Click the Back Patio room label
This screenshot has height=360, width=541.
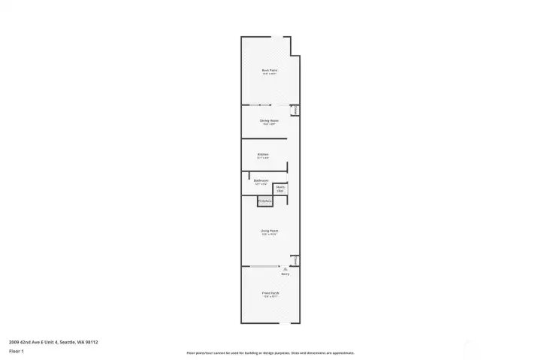[x=270, y=70]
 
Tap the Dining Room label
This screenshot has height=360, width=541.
[x=270, y=120]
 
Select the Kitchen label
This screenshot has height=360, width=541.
[x=263, y=155]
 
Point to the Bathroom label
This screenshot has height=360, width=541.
[x=261, y=180]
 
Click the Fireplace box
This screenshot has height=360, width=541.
[x=264, y=201]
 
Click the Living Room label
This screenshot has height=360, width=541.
[x=270, y=231]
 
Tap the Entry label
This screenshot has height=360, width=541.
[x=285, y=274]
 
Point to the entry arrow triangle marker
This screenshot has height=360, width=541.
[x=285, y=268]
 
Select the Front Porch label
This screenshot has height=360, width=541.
[x=270, y=292]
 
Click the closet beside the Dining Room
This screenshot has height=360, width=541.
[x=296, y=110]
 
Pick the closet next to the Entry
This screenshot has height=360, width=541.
[x=296, y=261]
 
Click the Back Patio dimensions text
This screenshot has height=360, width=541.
[x=270, y=74]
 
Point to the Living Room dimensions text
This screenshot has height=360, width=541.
[x=270, y=234]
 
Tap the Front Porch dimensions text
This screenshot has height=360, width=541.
[x=270, y=296]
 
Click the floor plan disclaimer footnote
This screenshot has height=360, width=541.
[x=270, y=352]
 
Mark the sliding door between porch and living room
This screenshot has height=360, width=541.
[x=264, y=266]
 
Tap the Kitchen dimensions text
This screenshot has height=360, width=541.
[x=263, y=159]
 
